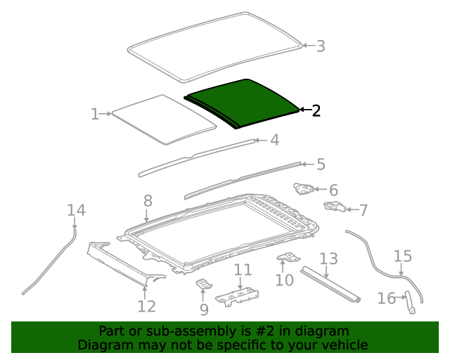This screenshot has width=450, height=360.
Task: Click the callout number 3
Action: pos(321,46)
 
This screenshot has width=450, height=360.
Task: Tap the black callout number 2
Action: pos(316,110)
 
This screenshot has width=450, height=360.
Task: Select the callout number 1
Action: pos(95,113)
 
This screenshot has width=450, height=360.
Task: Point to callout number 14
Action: pos(76,210)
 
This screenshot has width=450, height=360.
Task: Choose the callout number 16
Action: pos(387,299)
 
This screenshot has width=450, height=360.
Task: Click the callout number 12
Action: pos(146,306)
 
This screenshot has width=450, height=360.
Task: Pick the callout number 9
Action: pos(204,309)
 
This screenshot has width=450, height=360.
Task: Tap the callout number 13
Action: pos(328,259)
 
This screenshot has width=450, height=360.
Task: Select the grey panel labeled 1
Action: pos(164,120)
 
